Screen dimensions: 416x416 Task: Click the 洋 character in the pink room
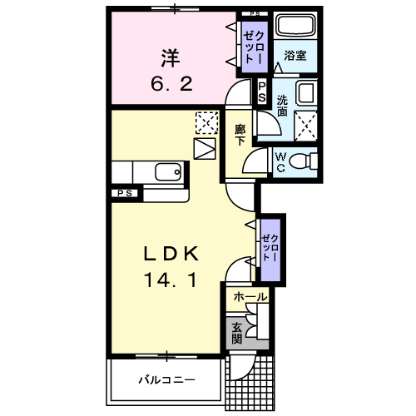click(x=171, y=58)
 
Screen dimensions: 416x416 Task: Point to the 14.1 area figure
click(x=171, y=281)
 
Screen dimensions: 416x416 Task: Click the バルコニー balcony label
click(x=166, y=379)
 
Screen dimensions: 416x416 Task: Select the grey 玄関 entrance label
click(x=236, y=333)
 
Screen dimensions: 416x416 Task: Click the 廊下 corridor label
click(x=240, y=135)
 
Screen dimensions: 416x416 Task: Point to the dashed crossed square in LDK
click(x=205, y=123)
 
